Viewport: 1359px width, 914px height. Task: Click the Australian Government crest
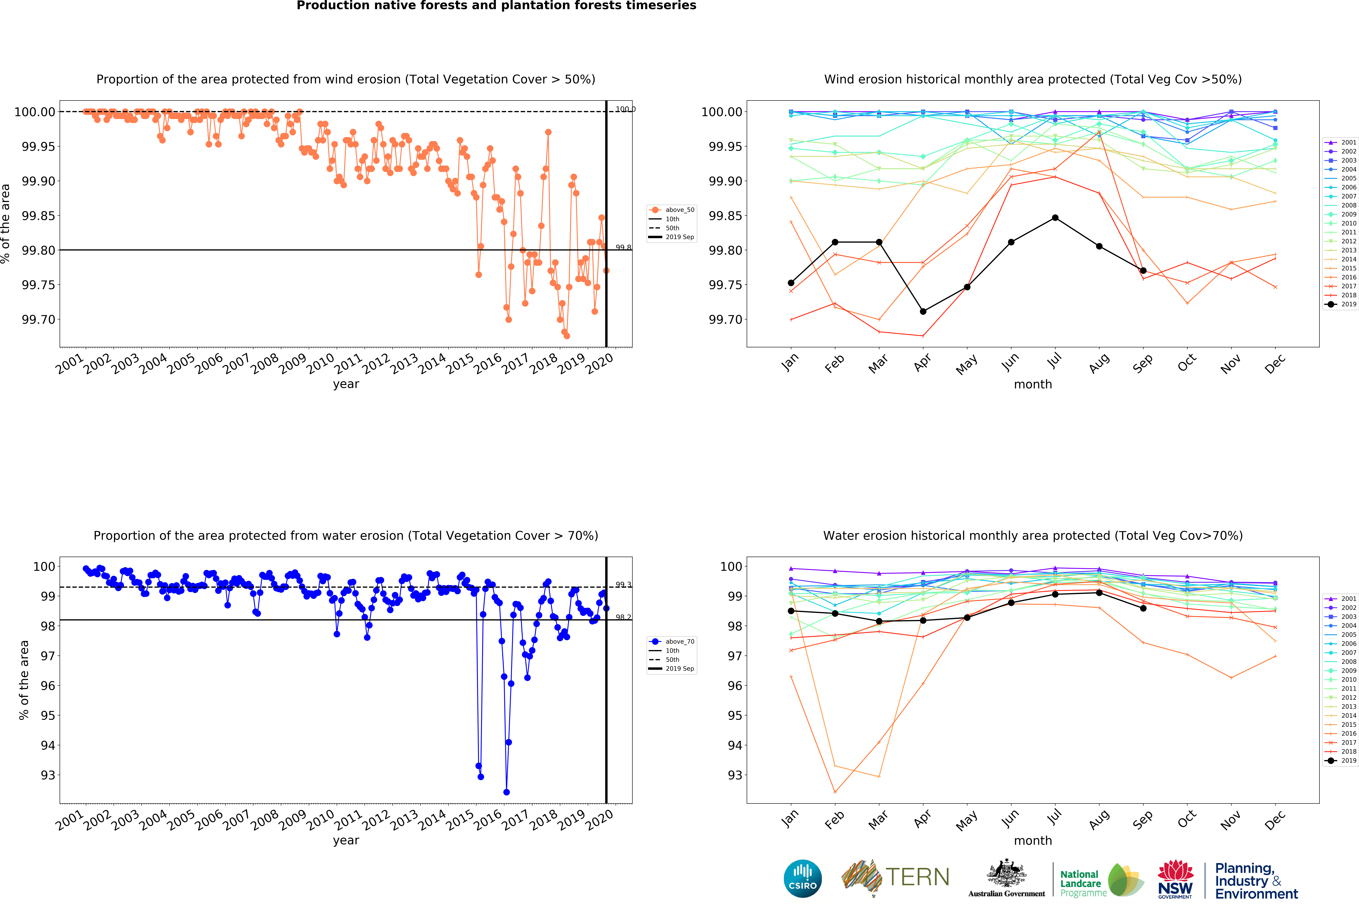1006,874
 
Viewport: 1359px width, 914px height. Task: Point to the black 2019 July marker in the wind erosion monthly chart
1055,218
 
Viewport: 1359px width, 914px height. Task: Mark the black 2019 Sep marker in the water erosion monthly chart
1143,608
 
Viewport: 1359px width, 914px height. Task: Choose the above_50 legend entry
673,210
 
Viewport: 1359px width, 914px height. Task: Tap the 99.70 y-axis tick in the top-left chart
38,319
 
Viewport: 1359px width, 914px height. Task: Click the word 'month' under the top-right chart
1033,384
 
